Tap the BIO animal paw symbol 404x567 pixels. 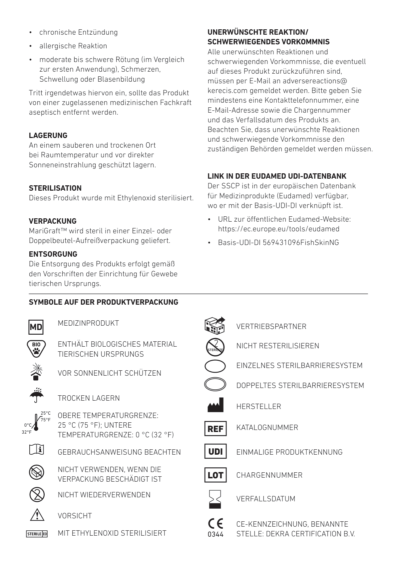(x=36, y=348)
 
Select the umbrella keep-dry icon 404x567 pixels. (x=36, y=395)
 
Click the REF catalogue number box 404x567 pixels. (x=215, y=429)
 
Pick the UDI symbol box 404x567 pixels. (x=215, y=452)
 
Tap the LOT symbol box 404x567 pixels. (x=215, y=475)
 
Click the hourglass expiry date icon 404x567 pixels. (x=215, y=499)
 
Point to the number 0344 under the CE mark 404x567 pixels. (x=215, y=534)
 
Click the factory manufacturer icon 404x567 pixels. (x=215, y=405)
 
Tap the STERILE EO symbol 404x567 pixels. (x=37, y=534)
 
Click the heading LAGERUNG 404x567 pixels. (x=48, y=135)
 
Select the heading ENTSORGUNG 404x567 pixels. (x=53, y=254)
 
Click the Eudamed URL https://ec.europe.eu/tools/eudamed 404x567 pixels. (x=278, y=229)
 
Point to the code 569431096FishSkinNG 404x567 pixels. (x=301, y=243)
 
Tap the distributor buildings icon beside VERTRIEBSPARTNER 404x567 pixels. (x=214, y=325)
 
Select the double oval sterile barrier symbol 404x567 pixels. (x=215, y=384)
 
